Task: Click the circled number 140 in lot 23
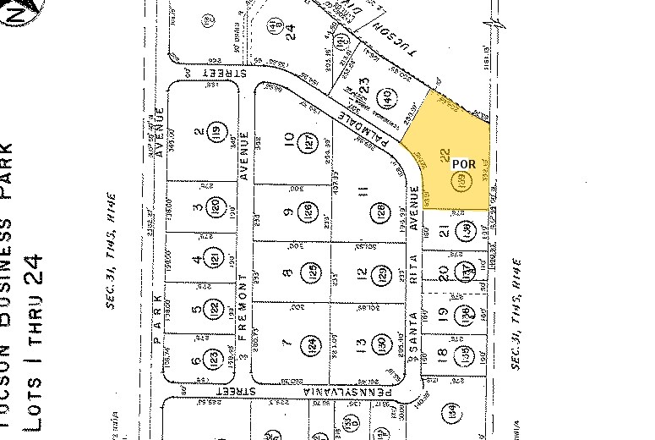[x=386, y=97]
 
